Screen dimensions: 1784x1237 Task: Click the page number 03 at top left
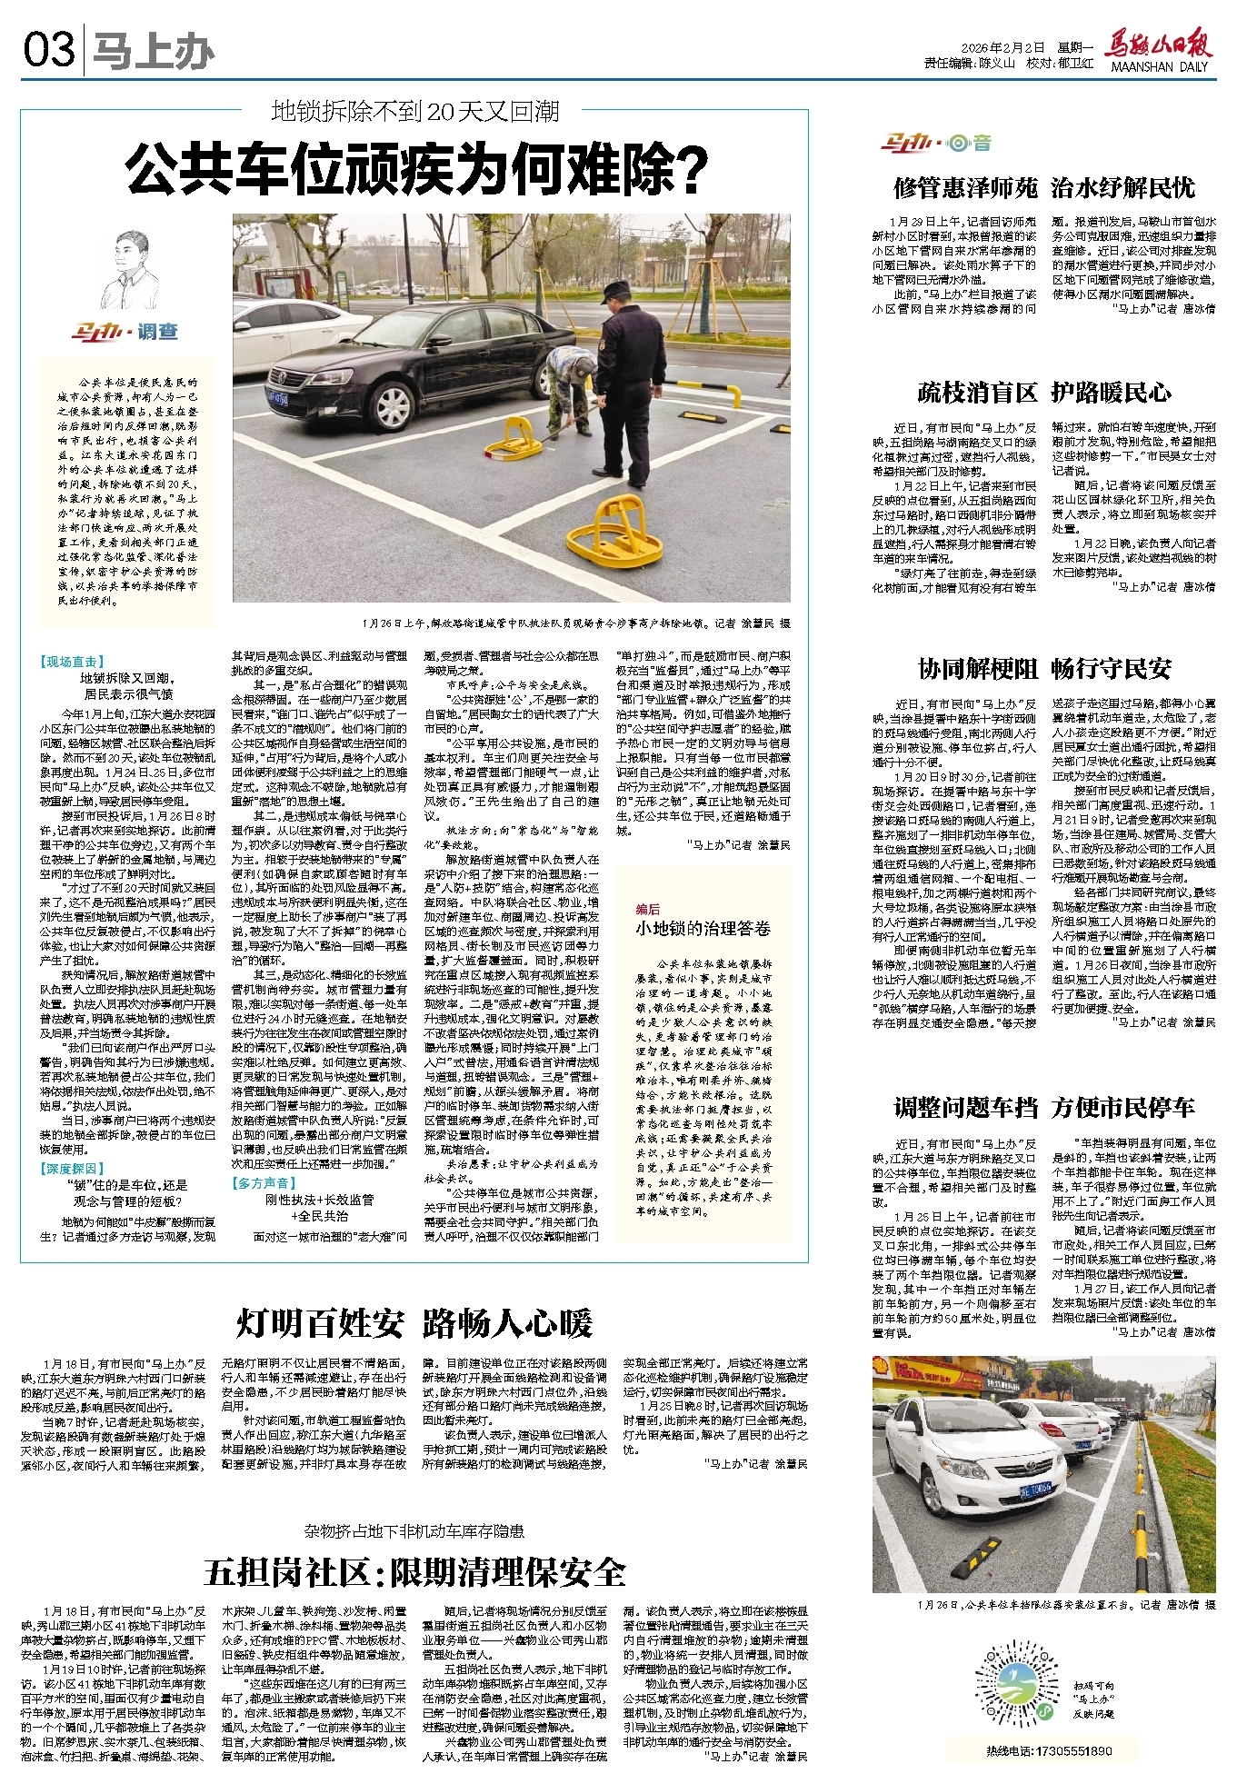[49, 49]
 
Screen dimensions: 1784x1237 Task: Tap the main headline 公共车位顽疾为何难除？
[416, 169]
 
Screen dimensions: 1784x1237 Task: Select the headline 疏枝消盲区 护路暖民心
[1043, 393]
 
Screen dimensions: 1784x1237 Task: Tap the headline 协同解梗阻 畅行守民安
[1043, 669]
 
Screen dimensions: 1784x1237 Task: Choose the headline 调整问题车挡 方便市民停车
[1043, 1107]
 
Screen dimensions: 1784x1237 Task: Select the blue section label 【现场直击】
[73, 662]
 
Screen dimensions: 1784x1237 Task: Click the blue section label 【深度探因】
[73, 1168]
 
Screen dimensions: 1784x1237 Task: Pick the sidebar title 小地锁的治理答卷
[703, 928]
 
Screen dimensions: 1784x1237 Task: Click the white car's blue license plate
[1033, 1488]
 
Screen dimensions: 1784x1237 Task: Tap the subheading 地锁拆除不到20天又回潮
[415, 112]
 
